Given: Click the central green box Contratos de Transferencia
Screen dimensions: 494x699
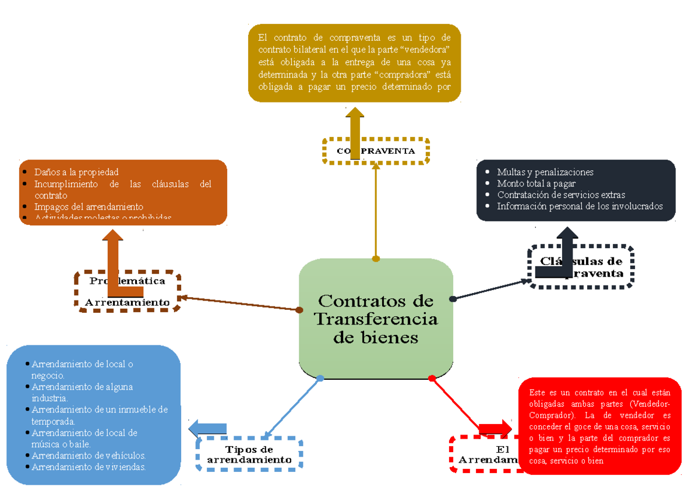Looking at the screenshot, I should coord(376,319).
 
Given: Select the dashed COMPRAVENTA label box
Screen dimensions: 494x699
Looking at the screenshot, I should coord(376,151).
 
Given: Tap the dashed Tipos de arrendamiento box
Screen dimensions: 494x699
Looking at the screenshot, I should coord(249,454).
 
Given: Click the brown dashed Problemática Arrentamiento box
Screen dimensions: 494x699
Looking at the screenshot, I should coord(128,291).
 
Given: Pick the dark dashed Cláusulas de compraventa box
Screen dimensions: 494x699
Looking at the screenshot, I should coord(581,267).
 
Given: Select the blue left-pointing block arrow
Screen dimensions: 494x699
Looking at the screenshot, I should coord(207,428).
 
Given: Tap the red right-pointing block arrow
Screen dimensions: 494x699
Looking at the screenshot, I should coord(495,428).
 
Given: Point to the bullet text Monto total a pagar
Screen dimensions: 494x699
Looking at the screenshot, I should coord(536,184).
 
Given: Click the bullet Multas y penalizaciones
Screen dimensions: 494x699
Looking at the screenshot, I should coord(545,172).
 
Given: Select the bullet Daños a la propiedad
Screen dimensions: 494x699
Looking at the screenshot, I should coord(76,172).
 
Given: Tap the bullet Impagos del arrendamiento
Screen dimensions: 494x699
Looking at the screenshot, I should coord(89,207).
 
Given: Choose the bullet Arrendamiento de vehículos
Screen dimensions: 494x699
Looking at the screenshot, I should coord(89,456).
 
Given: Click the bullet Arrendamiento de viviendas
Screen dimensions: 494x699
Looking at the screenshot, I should coord(89,467).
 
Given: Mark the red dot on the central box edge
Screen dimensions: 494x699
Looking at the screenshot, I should coord(432,379).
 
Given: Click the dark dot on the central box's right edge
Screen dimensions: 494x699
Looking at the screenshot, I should coord(453,299).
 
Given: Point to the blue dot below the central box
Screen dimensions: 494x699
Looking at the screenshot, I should coord(320,379).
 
